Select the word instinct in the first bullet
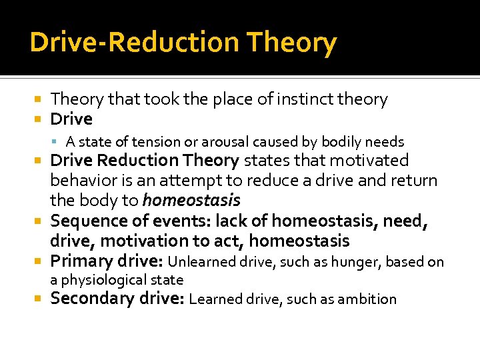[x=299, y=99]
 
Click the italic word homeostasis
[x=191, y=200]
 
